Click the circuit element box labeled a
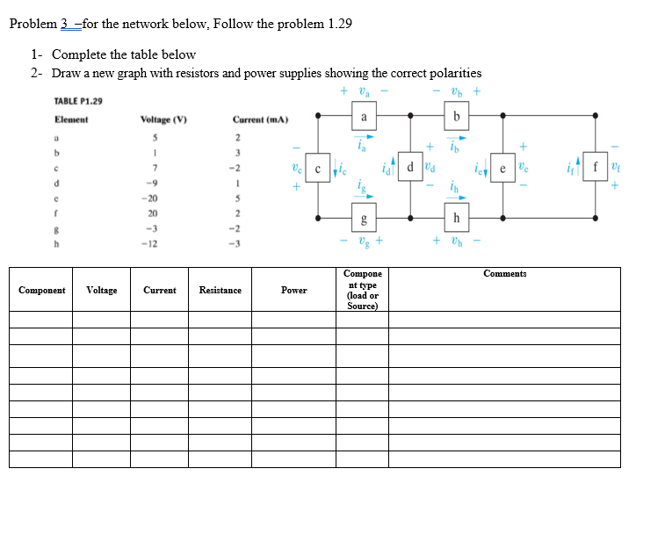pyautogui.click(x=364, y=117)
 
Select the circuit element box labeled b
pyautogui.click(x=456, y=117)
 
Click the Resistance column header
pyautogui.click(x=220, y=290)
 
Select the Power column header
pyautogui.click(x=294, y=290)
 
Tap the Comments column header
pyautogui.click(x=504, y=274)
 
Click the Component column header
pyautogui.click(x=41, y=290)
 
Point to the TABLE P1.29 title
pyautogui.click(x=78, y=101)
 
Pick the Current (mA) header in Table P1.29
pyautogui.click(x=261, y=119)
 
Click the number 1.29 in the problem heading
pyautogui.click(x=339, y=24)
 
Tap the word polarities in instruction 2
pyautogui.click(x=452, y=73)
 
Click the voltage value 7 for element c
pyautogui.click(x=155, y=167)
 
